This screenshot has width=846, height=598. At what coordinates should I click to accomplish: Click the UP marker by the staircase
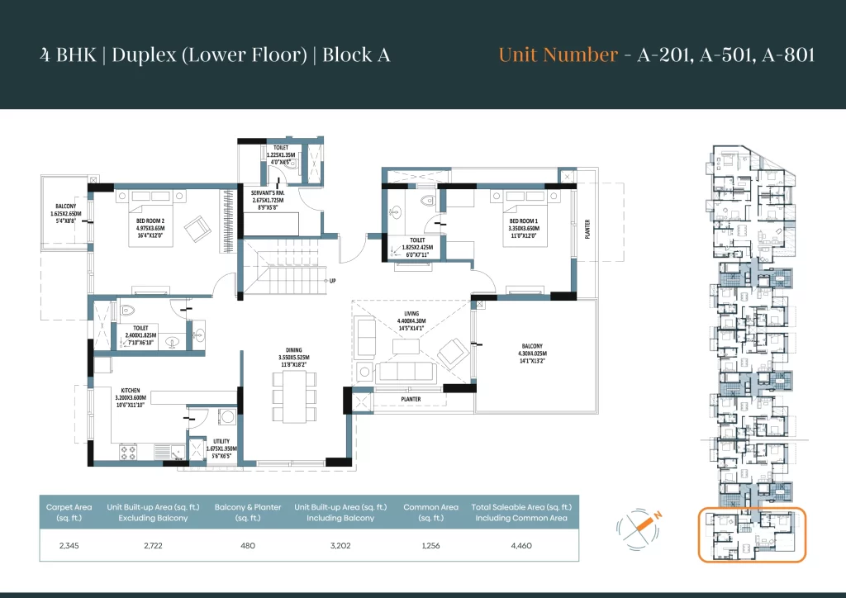(333, 281)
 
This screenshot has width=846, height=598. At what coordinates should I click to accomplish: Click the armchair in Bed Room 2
(197, 229)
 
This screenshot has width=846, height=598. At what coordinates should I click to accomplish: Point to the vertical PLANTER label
(587, 229)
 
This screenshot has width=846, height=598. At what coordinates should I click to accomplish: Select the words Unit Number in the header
(558, 55)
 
